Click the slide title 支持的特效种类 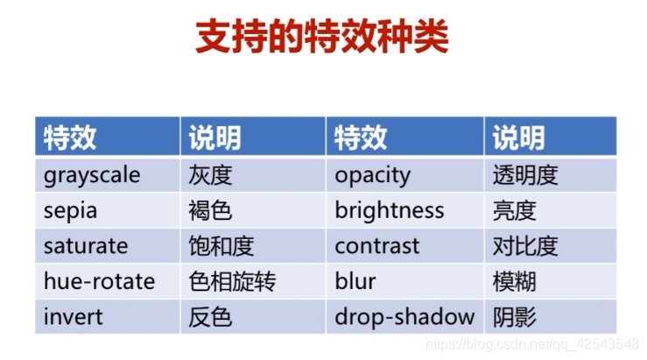point(322,37)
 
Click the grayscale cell point(92,175)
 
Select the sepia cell point(71,210)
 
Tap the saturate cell point(86,246)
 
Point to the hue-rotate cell point(99,281)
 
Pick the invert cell point(73,316)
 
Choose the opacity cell point(372,175)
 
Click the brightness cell point(389,210)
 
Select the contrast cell point(376,246)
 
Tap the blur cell point(355,281)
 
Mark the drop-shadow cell point(404,316)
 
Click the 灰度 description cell point(210,175)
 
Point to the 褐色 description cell point(210,210)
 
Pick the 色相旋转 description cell point(232,281)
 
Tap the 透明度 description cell point(524,175)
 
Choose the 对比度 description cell point(524,246)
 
